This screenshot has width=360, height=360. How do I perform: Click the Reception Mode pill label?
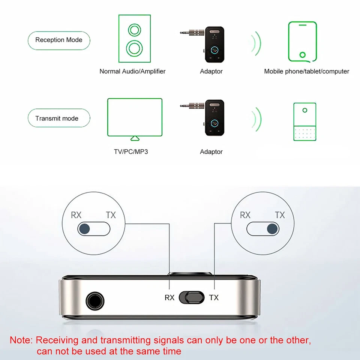click(59, 40)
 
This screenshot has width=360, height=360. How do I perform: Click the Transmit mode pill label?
click(59, 118)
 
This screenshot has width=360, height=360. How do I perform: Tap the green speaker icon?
click(135, 38)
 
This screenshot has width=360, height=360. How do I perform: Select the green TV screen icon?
click(135, 117)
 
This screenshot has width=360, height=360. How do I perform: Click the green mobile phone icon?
click(302, 41)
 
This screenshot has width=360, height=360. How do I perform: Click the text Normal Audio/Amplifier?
click(132, 71)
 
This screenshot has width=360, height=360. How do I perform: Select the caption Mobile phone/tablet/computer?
click(306, 71)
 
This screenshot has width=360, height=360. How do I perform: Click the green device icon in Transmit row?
click(304, 121)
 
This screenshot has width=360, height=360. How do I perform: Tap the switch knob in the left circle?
click(85, 228)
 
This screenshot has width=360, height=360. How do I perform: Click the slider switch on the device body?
click(191, 297)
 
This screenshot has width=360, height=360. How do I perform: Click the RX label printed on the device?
click(169, 298)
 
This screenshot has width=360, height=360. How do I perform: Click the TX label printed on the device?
click(213, 298)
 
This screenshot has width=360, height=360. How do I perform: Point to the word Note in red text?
click(21, 340)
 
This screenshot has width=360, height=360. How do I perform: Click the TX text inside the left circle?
click(111, 215)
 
